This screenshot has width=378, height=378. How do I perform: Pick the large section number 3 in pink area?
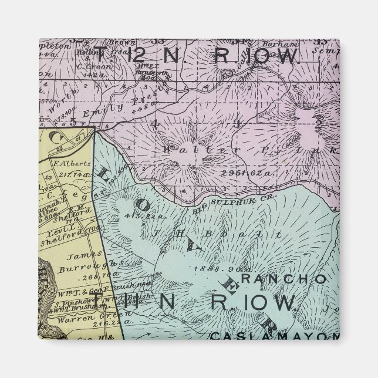238,123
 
